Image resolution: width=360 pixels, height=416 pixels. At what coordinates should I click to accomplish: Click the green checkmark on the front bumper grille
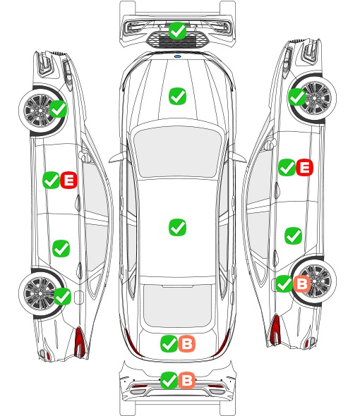coord(177,30)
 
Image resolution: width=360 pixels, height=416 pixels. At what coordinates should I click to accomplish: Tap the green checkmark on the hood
coord(177,96)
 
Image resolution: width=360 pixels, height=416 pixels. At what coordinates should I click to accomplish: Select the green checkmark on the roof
coord(177,227)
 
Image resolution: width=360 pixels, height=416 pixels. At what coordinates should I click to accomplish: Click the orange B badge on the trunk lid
coord(187,344)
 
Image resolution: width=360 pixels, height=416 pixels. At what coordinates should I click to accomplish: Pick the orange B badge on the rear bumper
coord(187,380)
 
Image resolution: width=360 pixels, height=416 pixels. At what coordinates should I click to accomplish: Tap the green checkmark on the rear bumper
coord(169,380)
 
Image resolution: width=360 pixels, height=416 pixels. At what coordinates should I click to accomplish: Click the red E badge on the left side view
coord(68,180)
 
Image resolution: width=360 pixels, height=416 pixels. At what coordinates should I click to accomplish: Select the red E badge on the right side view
coord(304,167)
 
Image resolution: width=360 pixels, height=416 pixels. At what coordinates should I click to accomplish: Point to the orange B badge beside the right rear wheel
coord(302,283)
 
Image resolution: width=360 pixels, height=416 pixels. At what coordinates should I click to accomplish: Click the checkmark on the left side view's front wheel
coord(59,109)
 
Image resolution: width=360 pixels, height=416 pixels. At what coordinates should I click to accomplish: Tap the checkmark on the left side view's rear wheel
coord(62,296)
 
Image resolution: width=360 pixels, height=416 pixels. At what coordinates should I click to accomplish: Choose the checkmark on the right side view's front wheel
coord(296,97)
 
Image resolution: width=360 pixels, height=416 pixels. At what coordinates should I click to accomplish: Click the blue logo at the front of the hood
coord(177,56)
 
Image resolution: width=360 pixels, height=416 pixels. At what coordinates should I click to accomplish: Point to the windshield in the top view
coord(177,151)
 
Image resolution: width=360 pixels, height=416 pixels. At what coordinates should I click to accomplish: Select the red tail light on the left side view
coord(80,342)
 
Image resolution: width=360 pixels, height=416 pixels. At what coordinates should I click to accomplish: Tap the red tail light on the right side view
coord(275,330)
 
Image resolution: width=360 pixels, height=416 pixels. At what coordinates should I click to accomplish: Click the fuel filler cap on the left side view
coord(79,298)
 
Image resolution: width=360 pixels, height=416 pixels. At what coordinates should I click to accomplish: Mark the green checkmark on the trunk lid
coord(169,344)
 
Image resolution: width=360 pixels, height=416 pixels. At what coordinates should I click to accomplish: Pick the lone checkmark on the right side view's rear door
coord(294,235)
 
